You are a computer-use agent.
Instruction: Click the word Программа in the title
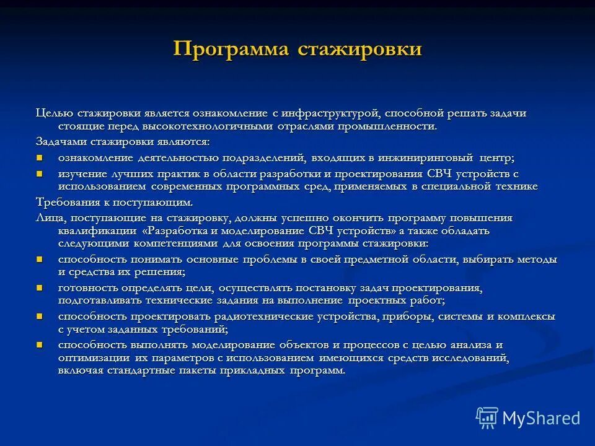231,49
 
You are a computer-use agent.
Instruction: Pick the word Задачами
59,141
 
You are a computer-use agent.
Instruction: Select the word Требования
66,202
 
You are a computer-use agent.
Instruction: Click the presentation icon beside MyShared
487,418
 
